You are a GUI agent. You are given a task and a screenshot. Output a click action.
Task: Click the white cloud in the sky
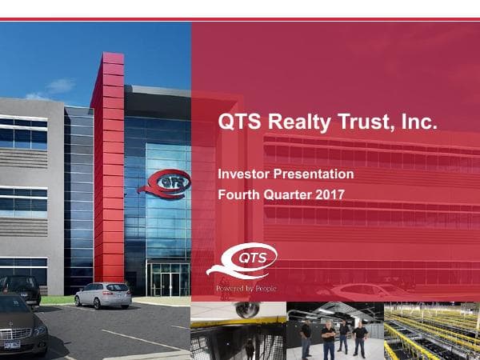coord(60,86)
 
